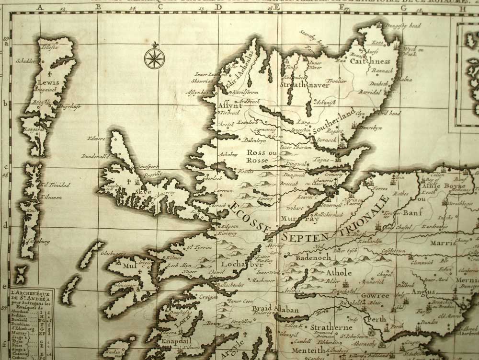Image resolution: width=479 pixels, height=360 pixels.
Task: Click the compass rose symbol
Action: point(154,57)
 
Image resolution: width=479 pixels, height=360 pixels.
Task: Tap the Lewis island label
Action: point(50,82)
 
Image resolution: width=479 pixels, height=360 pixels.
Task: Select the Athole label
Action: point(339,272)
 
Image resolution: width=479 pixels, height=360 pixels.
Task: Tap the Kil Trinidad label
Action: point(56,185)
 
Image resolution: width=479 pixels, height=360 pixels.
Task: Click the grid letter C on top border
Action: point(161,7)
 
